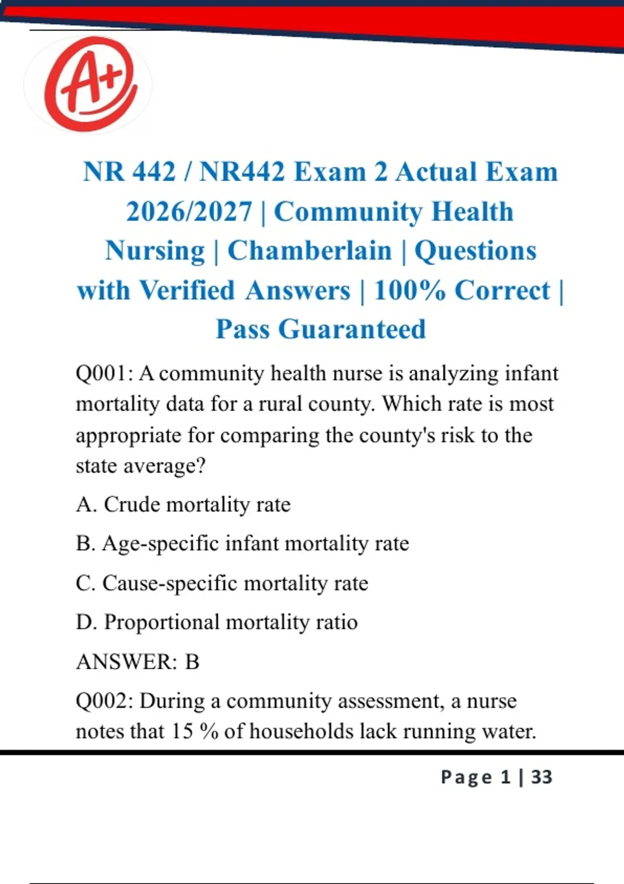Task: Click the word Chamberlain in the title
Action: click(309, 251)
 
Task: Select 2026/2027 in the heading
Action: click(189, 212)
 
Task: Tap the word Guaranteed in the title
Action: click(352, 329)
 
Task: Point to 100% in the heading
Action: click(409, 290)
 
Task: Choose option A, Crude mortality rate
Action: click(183, 504)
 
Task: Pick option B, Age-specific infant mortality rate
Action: click(242, 543)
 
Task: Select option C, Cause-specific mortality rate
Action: click(222, 583)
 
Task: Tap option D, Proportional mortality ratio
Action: click(217, 622)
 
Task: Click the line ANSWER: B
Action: click(138, 661)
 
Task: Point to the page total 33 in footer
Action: click(541, 777)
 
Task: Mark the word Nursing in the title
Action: click(155, 251)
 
